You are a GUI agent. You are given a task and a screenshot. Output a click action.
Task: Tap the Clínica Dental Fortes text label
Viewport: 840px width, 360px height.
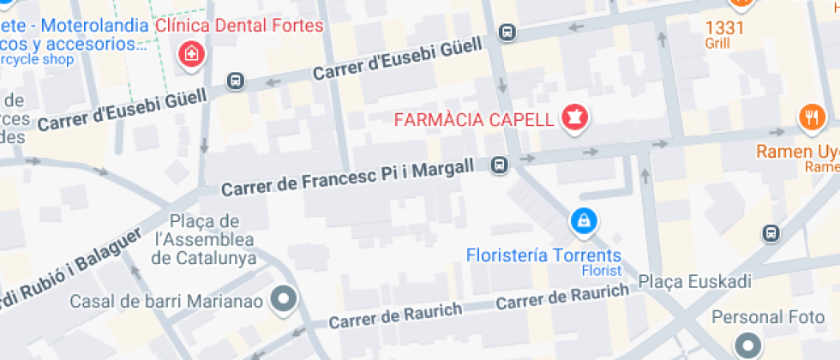tap(240, 26)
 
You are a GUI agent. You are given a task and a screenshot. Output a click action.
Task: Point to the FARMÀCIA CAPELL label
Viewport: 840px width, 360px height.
tap(474, 119)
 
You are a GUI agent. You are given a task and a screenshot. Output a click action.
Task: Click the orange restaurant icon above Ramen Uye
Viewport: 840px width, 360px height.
tap(810, 117)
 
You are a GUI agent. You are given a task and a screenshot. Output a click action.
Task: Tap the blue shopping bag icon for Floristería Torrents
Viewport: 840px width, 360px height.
tap(583, 221)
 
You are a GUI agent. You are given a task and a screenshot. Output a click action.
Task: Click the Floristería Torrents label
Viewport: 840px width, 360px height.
tap(543, 255)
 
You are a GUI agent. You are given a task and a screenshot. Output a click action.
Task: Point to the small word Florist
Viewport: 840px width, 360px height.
tap(599, 271)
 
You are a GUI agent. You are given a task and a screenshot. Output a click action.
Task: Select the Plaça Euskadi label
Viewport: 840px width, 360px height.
tap(695, 282)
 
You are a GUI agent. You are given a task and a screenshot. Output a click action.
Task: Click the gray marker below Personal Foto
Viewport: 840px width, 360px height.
tap(748, 346)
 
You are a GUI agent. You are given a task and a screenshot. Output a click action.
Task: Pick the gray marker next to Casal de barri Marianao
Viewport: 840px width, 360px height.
tap(282, 299)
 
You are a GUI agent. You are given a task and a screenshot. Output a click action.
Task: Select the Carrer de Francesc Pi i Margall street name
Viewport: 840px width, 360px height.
tap(347, 177)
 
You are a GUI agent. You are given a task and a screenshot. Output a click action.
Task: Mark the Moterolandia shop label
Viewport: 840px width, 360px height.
tap(73, 34)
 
